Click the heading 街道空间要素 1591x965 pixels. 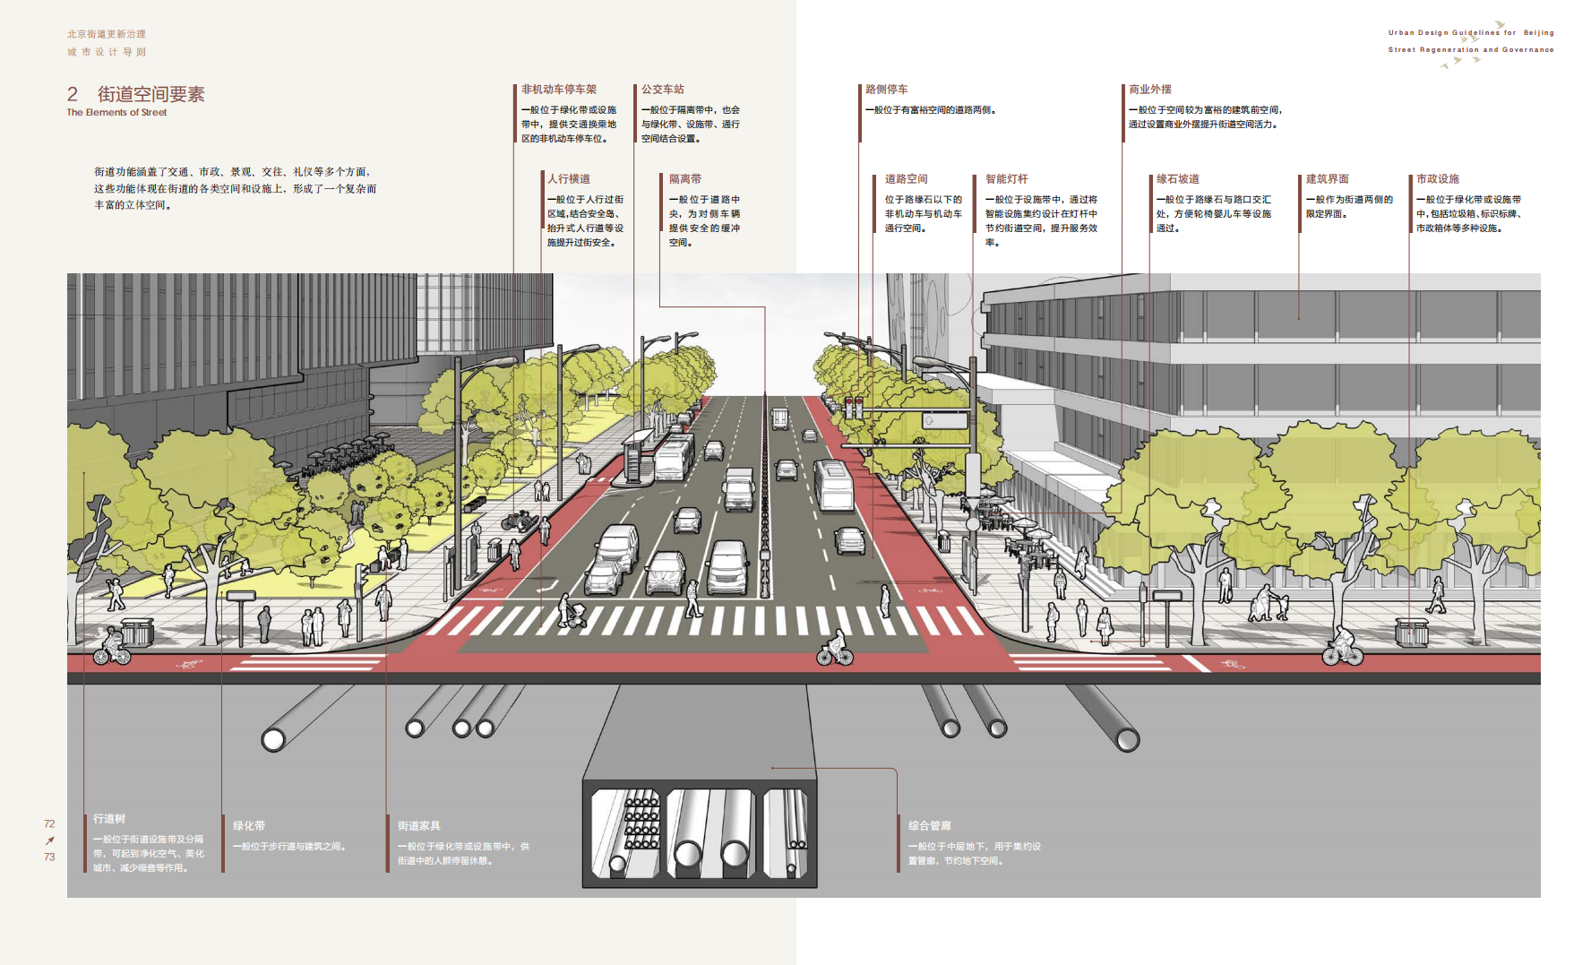[150, 94]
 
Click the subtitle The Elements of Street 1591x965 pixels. [116, 113]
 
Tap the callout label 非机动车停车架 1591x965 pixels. [558, 90]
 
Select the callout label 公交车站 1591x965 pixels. [662, 90]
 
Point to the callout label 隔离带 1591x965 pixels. [684, 179]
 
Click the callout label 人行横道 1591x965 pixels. [568, 179]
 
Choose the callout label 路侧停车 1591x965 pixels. [886, 90]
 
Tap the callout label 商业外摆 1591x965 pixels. [1149, 90]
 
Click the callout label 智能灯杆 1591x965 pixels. [1006, 179]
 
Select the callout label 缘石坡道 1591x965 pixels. [1177, 179]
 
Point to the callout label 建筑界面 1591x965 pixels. [1327, 179]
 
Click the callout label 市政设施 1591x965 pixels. [1437, 179]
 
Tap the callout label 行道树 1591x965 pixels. [109, 819]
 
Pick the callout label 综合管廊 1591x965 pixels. [929, 826]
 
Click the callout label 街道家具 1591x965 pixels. [418, 826]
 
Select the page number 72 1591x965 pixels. [49, 824]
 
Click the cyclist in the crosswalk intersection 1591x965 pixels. [835, 649]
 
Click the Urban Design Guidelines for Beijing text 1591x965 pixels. [1470, 33]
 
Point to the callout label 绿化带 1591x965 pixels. [248, 826]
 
